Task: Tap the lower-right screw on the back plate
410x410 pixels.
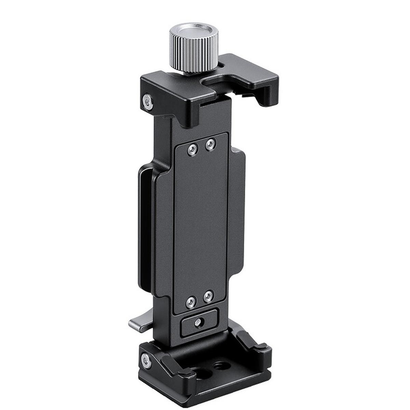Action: pos(208,296)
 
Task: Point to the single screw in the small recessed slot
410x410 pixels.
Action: pos(198,322)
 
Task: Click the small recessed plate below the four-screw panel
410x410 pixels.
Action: pos(200,322)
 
